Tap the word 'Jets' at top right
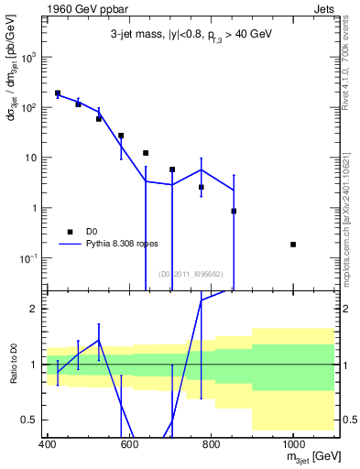coord(324,8)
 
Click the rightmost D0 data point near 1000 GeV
coord(293,245)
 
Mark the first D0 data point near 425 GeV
coord(58,93)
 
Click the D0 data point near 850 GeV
coord(234,211)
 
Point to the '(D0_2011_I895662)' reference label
coord(191,274)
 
